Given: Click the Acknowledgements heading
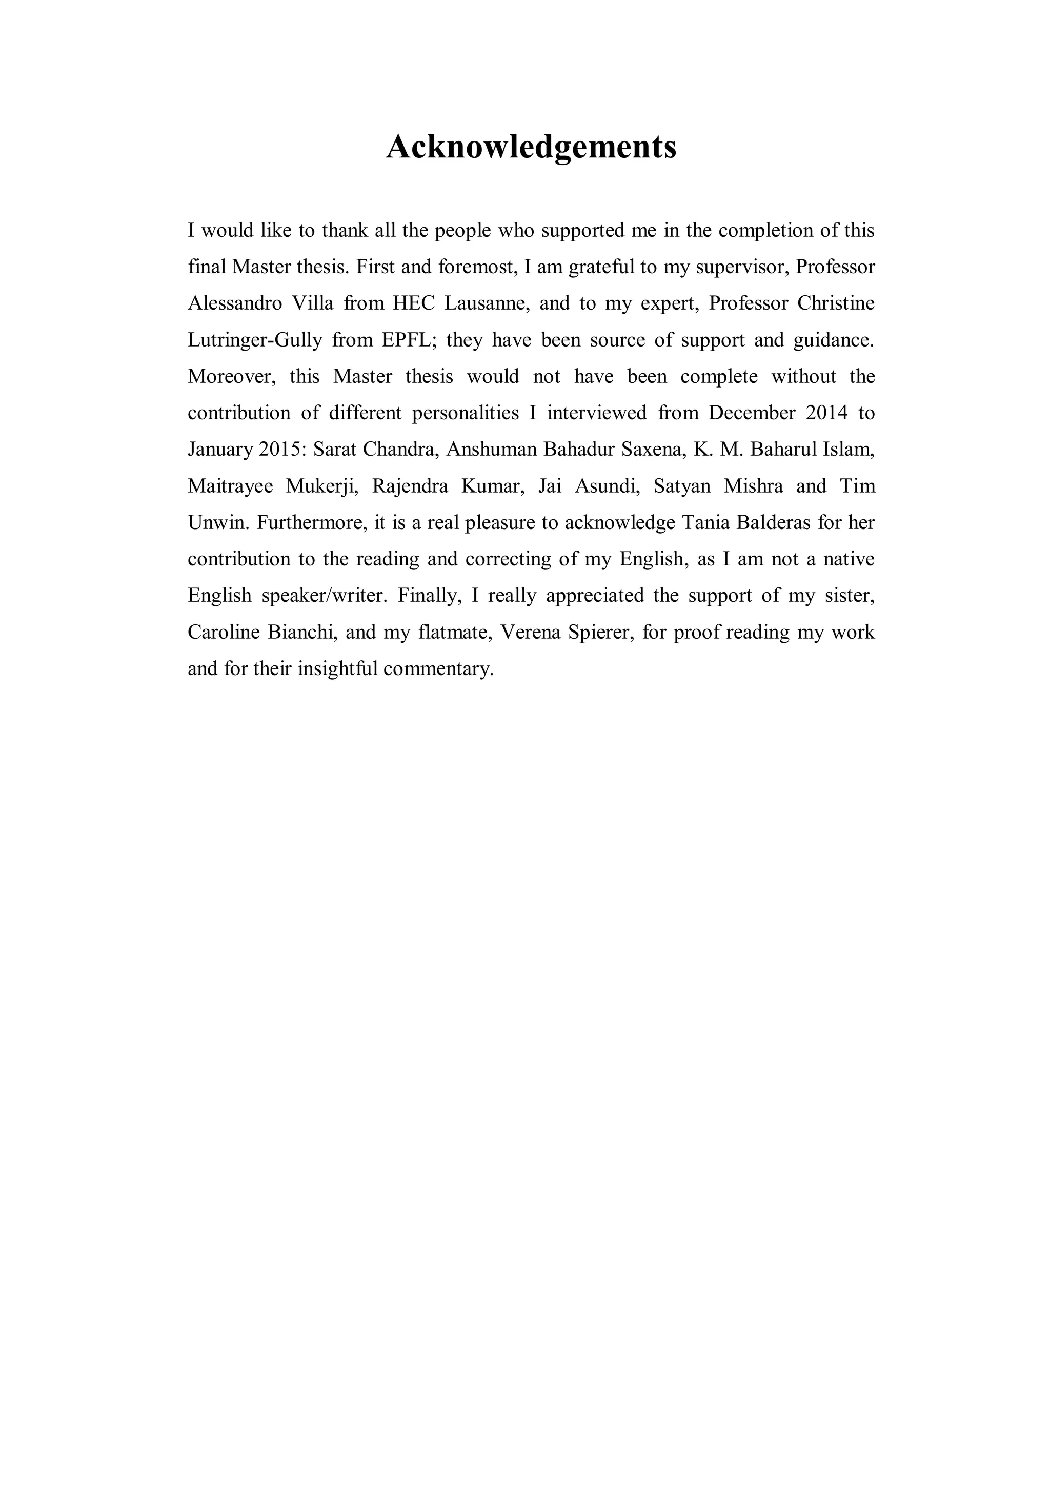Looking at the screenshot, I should click(531, 147).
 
